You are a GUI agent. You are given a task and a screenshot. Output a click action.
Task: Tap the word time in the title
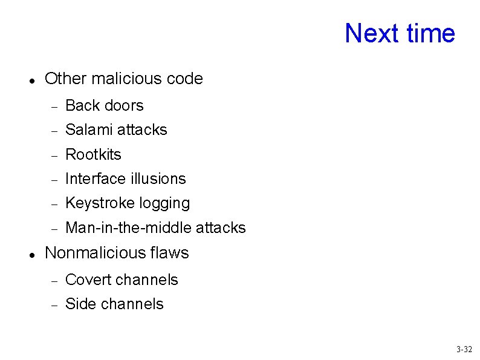431,33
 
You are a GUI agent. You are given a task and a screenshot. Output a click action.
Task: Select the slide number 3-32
464,349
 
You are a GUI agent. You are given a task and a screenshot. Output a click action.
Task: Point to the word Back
82,105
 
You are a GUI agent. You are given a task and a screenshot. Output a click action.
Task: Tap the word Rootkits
93,154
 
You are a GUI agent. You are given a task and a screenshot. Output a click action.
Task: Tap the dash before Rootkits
54,155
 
